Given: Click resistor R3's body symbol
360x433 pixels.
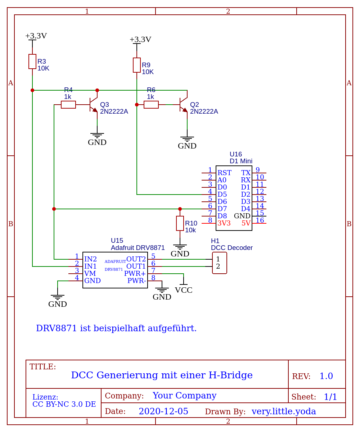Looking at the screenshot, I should coord(32,61).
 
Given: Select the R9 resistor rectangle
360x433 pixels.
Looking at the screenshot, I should coord(137,65).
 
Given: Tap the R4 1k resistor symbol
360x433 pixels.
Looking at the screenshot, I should coord(68,105).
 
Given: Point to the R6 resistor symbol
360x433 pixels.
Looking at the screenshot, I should coord(151,105).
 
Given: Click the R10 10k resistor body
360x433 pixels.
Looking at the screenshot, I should coord(180,223).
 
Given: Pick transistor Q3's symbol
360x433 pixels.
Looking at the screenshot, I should coord(94,105).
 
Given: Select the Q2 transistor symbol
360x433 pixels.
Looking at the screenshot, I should coord(184,105).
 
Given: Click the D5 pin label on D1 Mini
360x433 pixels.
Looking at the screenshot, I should coord(222,195).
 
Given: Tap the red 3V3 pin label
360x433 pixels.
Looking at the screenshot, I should coord(224,223).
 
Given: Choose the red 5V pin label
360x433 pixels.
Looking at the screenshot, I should coord(246,223).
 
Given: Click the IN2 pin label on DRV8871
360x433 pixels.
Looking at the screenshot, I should coord(90,259).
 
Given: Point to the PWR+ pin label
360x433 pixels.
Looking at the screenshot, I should coord(135,274).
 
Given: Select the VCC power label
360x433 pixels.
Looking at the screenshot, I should coord(184,290).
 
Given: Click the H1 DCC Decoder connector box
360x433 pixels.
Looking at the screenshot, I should coord(220,263).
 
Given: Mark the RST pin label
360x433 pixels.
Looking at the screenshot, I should coord(224,173).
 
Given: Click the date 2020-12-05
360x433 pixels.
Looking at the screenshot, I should coord(163,411).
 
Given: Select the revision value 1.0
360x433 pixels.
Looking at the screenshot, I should coord(326,376).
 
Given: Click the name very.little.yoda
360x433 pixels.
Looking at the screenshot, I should coord(284,411).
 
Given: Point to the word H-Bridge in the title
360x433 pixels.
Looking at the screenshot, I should coord(231,375).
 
